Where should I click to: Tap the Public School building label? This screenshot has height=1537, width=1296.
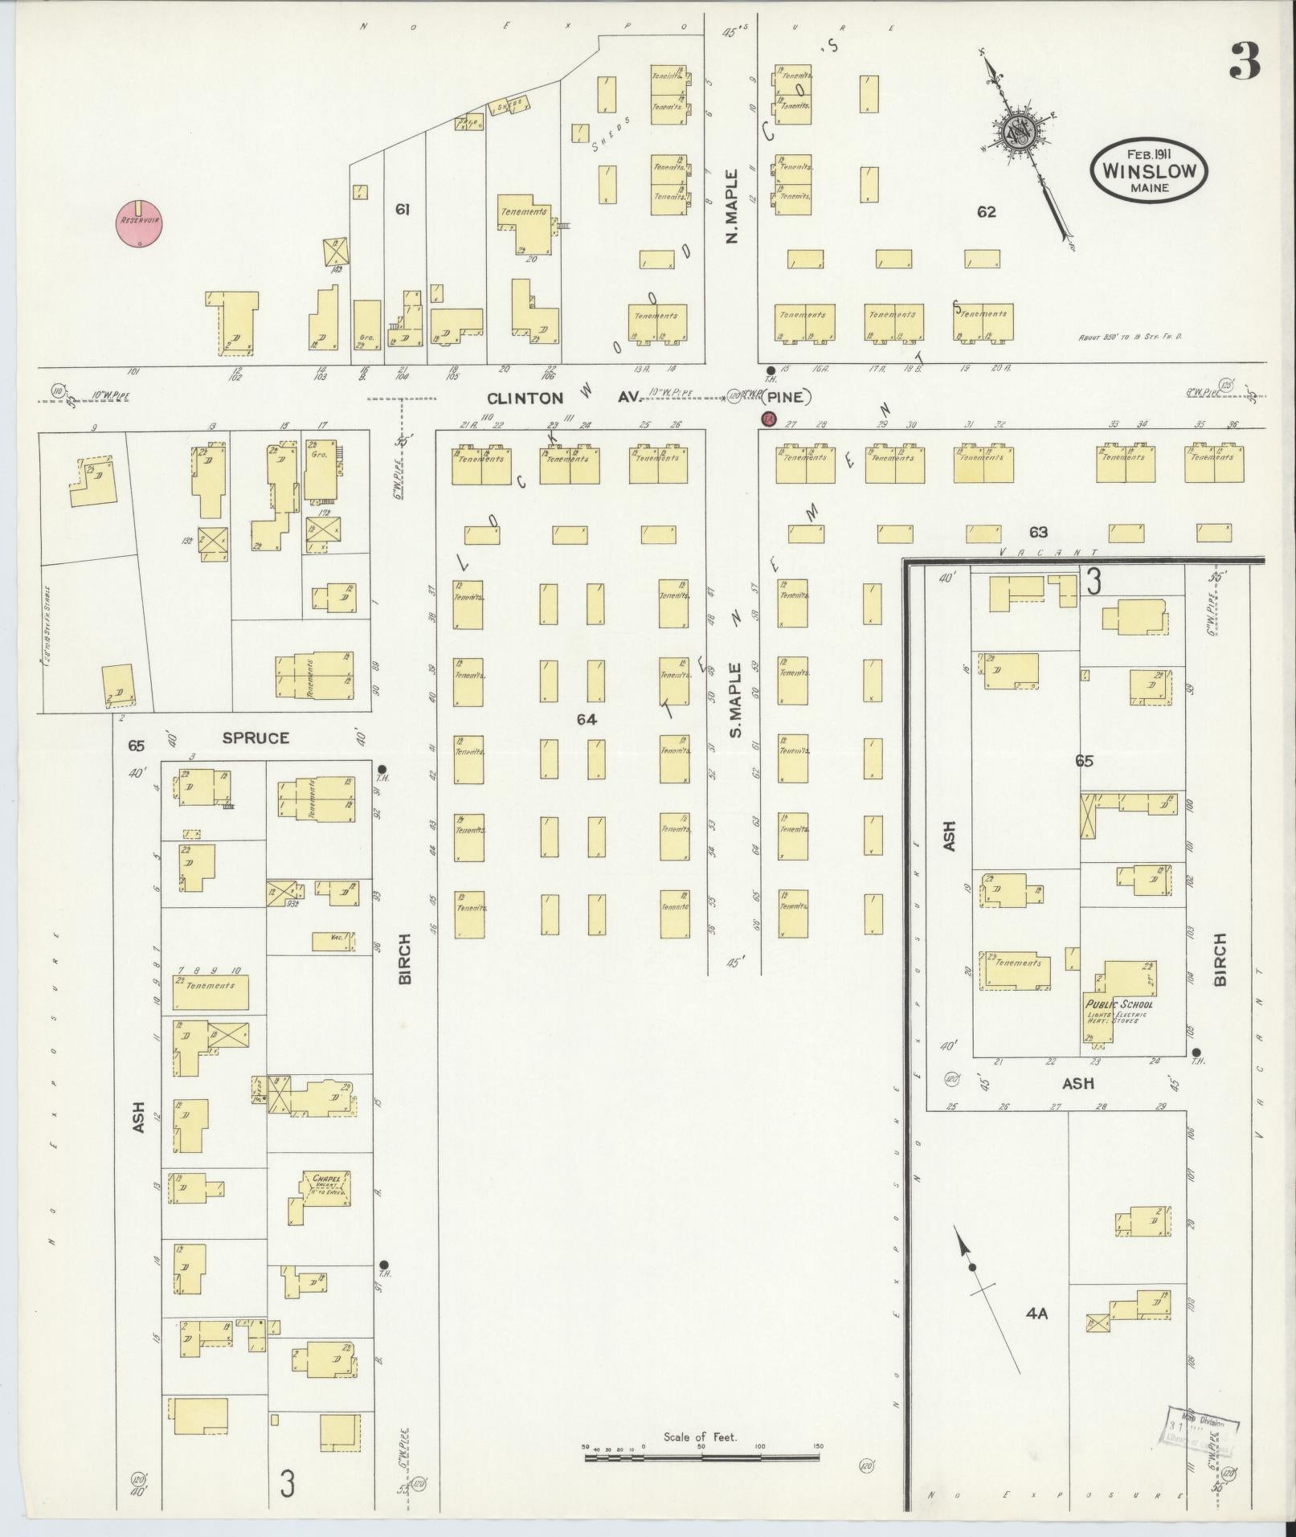1118,1004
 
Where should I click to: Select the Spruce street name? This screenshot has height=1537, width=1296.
256,738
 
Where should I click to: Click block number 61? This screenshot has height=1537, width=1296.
403,210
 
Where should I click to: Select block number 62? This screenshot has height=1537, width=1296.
987,212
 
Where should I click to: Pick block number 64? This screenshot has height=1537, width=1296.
587,720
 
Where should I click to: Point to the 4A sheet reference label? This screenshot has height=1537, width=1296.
1036,1314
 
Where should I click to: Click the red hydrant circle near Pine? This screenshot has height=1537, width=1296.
769,419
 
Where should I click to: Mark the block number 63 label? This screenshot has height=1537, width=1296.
1038,532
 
